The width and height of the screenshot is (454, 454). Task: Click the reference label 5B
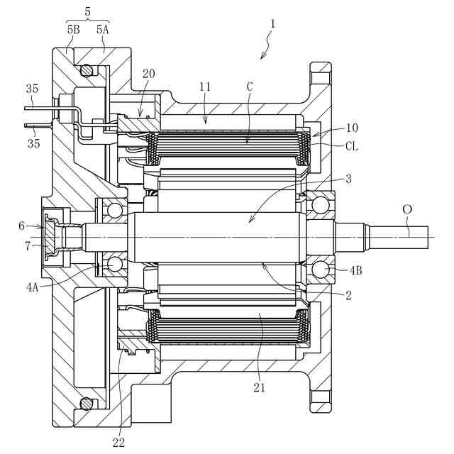(x=74, y=30)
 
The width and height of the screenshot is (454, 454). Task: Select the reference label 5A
(x=102, y=30)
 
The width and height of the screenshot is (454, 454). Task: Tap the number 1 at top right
(x=272, y=24)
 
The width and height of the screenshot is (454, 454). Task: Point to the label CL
(x=352, y=147)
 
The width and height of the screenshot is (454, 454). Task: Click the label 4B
(x=355, y=271)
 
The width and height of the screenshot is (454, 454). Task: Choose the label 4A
(x=32, y=287)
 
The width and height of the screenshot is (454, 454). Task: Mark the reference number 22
(x=118, y=443)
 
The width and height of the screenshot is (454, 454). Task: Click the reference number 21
(x=260, y=387)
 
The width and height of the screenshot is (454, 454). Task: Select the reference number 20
(x=148, y=74)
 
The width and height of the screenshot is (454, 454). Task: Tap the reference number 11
(x=205, y=87)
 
